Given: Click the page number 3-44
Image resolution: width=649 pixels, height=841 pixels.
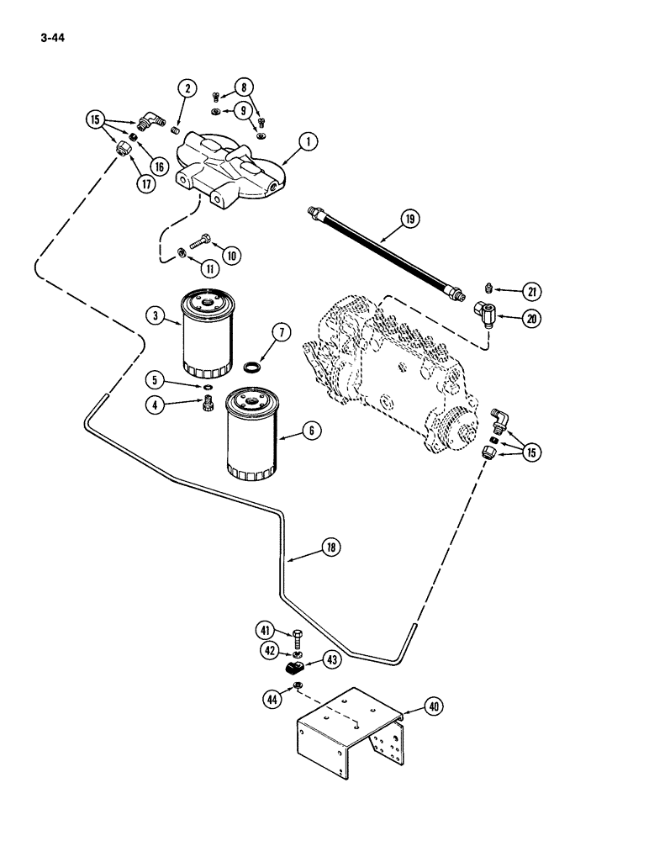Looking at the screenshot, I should click(51, 38).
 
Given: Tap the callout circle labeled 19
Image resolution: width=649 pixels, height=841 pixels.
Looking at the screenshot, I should click(409, 220).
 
